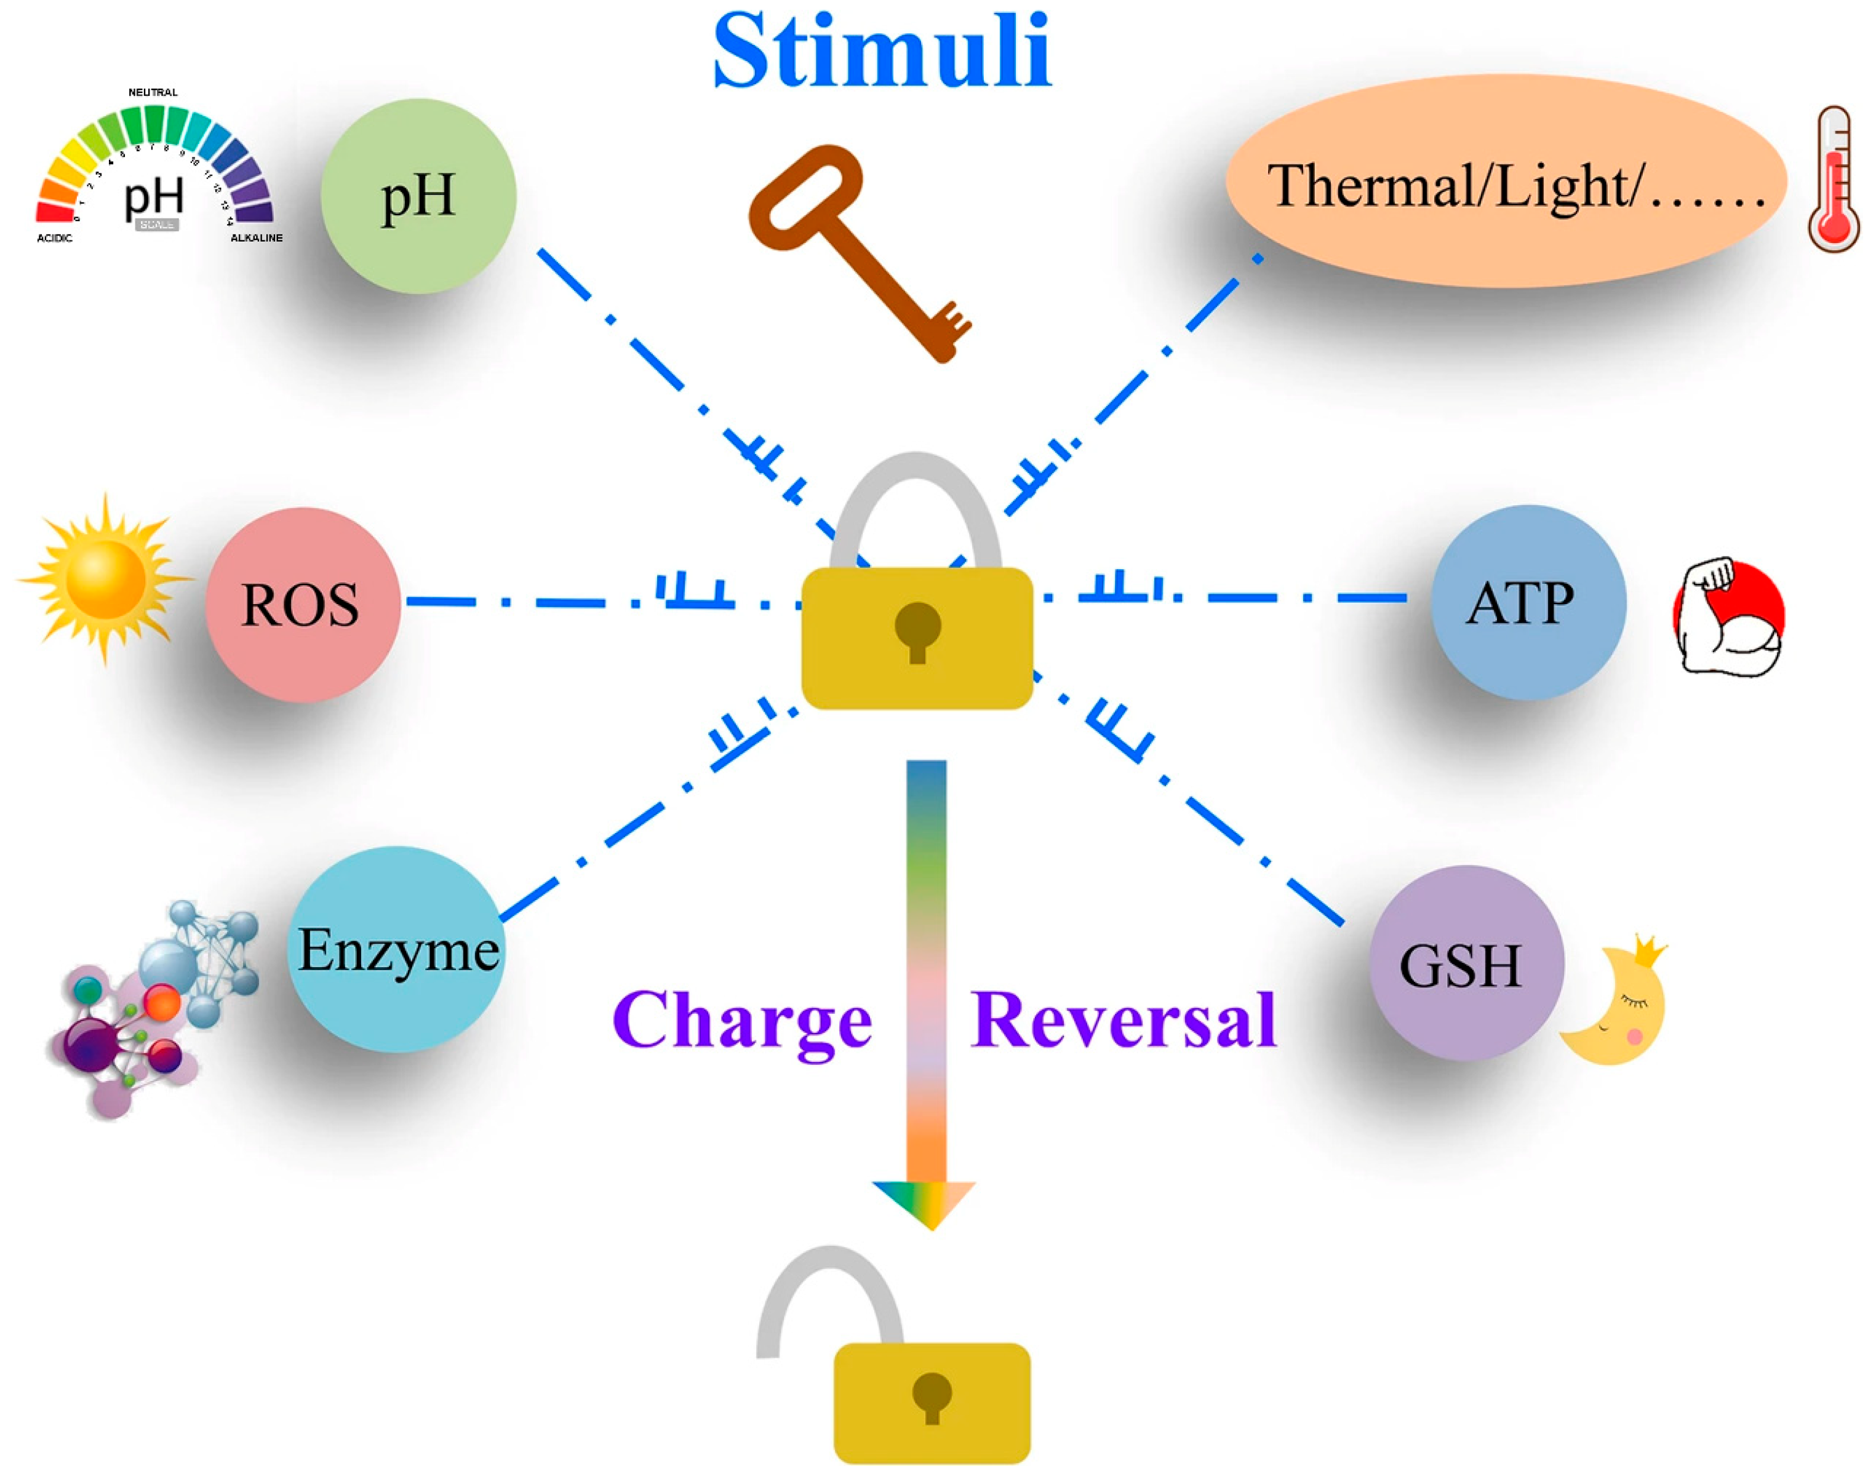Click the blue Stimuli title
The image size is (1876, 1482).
882,52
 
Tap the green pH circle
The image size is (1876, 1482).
418,196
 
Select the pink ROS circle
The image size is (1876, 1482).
302,605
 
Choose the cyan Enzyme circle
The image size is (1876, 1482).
396,950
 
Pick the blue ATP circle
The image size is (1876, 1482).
1527,603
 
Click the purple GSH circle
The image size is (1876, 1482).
1466,963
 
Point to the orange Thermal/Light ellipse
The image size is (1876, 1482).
1506,182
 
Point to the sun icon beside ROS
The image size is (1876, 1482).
106,580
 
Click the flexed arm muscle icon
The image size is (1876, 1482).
1726,618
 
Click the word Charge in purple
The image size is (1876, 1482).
742,1022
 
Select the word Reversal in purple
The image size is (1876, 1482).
1124,1021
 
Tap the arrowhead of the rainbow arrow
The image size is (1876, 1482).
925,1201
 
